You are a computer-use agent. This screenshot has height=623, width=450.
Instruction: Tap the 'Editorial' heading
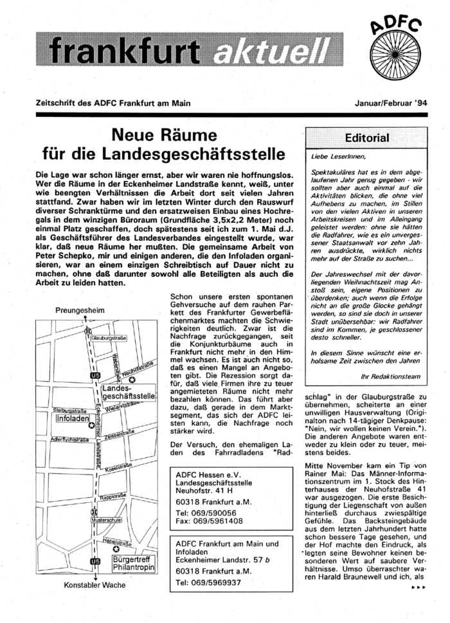pos(367,138)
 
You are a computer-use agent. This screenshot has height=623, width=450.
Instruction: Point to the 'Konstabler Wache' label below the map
pos(94,585)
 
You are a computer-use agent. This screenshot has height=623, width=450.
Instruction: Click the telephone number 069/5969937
pos(210,583)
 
